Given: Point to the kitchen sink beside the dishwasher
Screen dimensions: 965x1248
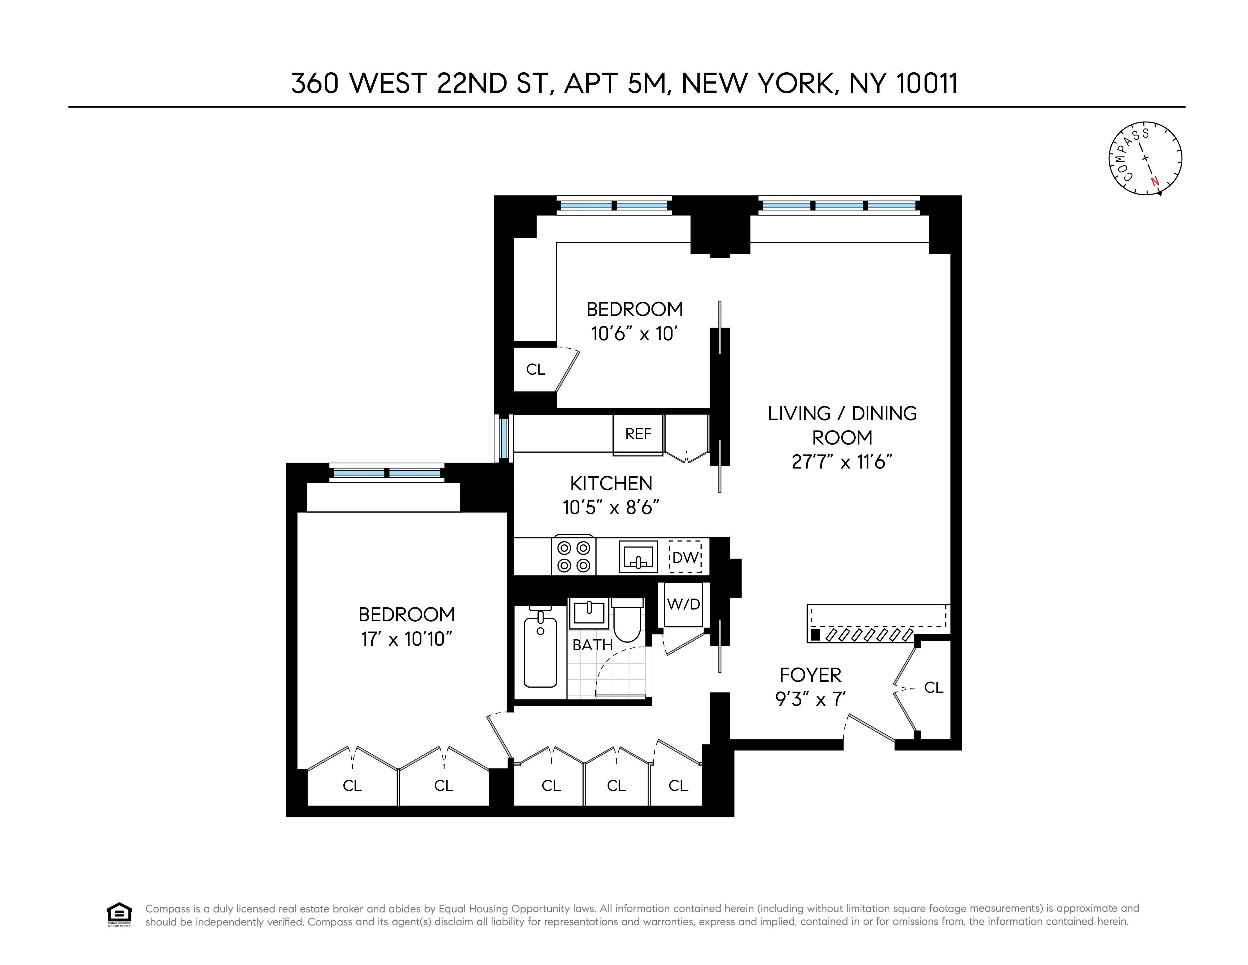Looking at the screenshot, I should point(638,557).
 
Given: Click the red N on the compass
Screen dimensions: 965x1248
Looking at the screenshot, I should point(1154,182).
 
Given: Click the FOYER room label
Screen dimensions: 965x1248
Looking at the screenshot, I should point(810,675).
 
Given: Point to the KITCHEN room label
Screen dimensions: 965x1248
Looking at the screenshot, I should point(611,484).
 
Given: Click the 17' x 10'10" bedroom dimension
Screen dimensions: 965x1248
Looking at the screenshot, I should point(406,639).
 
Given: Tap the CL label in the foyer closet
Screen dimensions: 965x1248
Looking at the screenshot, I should point(933,688).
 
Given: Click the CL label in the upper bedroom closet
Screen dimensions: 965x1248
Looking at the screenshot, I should point(535,369).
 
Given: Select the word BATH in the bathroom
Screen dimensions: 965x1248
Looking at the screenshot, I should point(592,645).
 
